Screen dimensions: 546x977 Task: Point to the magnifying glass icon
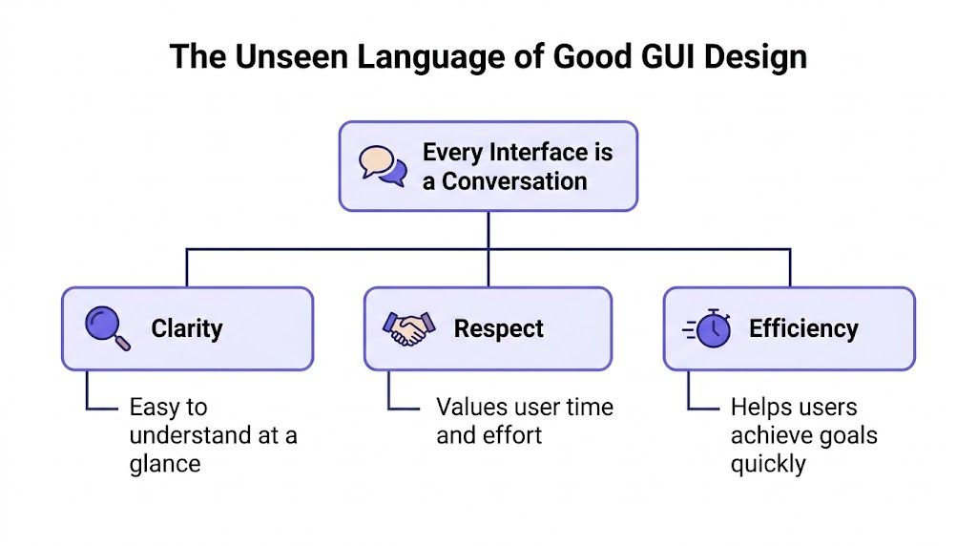[107, 328]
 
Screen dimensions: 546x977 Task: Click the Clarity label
[187, 328]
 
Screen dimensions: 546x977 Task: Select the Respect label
[499, 328]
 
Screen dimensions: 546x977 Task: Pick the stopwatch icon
[708, 328]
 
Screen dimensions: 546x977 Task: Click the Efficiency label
[803, 328]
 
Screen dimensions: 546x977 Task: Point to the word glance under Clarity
[165, 464]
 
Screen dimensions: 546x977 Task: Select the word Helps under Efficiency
[760, 407]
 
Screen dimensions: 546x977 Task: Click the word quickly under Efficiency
[768, 464]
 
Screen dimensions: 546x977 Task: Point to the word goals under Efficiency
[847, 435]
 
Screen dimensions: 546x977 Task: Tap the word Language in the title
[427, 56]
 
